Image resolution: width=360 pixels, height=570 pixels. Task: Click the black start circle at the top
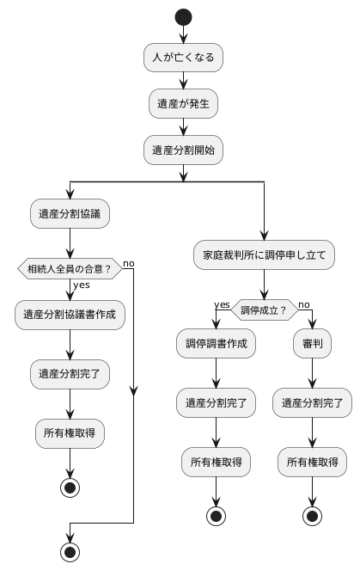(x=183, y=17)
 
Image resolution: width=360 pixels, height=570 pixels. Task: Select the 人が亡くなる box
(x=183, y=58)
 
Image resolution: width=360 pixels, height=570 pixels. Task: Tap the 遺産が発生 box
(x=183, y=103)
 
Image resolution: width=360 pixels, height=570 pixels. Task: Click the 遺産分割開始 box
(x=183, y=149)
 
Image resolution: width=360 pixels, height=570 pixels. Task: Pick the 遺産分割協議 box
(x=70, y=214)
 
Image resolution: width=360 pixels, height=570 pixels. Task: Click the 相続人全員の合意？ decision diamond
(x=70, y=269)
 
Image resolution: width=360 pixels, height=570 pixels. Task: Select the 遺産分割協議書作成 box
(x=70, y=315)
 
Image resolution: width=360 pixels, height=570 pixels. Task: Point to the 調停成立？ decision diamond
(x=264, y=310)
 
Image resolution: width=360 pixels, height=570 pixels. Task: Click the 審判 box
(x=312, y=344)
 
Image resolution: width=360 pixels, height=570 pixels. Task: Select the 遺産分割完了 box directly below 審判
(x=312, y=402)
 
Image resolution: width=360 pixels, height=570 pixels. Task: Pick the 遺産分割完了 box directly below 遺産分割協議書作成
(x=70, y=374)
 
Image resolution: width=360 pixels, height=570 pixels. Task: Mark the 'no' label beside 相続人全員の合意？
(x=129, y=262)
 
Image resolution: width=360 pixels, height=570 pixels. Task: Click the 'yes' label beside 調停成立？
(x=222, y=304)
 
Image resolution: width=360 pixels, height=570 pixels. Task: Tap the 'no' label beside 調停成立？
(x=304, y=304)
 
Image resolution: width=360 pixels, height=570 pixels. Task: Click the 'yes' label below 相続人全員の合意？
(x=82, y=285)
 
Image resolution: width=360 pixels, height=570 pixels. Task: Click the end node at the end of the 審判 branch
(x=312, y=518)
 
